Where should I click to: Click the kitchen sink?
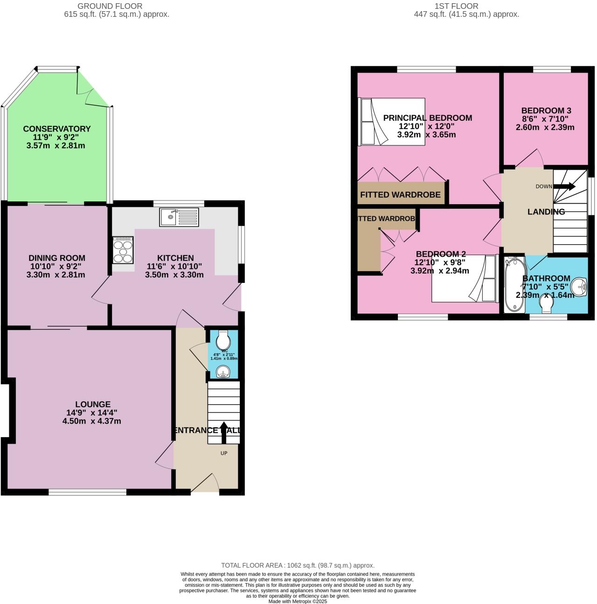point(179,217)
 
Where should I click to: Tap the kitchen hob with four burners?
point(123,250)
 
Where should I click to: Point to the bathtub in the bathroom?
point(514,284)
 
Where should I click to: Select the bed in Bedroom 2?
point(464,278)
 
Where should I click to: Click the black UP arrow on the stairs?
point(224,432)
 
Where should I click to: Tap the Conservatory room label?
point(57,129)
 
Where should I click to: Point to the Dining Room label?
point(57,258)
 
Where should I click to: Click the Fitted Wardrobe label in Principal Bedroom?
point(400,194)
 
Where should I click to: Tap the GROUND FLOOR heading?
point(110,6)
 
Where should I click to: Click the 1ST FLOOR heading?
point(456,6)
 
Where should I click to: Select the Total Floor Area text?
point(298,565)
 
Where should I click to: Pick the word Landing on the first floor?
point(546,212)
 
